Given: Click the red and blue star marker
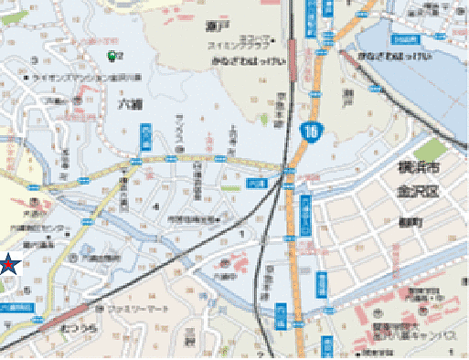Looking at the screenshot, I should [x=7, y=265].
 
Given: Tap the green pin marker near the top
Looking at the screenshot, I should [x=112, y=56].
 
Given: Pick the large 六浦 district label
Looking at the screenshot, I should [x=129, y=105].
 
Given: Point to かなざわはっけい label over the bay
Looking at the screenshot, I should [x=392, y=56].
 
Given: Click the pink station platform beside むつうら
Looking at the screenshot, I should [x=55, y=325].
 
